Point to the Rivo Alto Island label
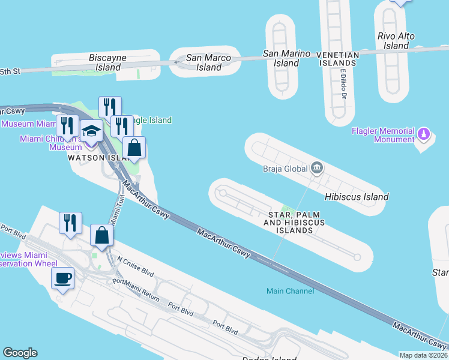tap(396, 41)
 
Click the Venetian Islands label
tap(338, 59)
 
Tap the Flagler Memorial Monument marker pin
tap(424, 133)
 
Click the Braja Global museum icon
tap(316, 169)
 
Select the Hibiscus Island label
tap(357, 197)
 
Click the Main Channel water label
tap(290, 291)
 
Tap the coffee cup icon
tap(63, 278)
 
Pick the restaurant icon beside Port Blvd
tap(70, 223)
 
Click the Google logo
tap(20, 353)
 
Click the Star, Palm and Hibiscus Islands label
tap(294, 223)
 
